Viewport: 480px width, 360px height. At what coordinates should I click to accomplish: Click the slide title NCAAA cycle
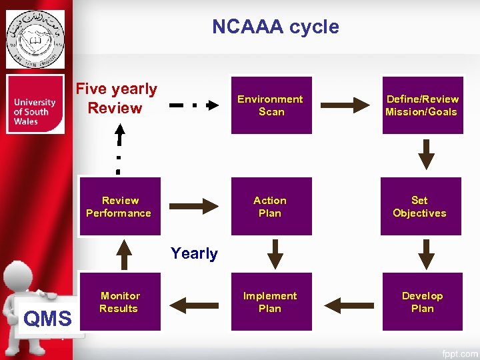tap(275, 27)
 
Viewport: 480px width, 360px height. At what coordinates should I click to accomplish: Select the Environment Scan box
tap(271, 105)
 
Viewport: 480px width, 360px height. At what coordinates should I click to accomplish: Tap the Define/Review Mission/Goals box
tap(422, 105)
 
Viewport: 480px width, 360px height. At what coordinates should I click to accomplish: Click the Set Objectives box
tap(420, 207)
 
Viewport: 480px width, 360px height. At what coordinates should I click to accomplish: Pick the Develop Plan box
tap(422, 302)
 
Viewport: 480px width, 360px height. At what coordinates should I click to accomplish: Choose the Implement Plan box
tap(270, 302)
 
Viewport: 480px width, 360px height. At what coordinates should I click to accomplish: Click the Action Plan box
tap(270, 207)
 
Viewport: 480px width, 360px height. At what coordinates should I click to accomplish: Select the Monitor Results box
tap(119, 302)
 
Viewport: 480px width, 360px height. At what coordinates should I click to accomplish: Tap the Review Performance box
tap(119, 207)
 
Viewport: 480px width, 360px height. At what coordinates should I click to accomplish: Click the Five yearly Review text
tap(116, 99)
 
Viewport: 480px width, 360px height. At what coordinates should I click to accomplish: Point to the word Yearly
tap(194, 253)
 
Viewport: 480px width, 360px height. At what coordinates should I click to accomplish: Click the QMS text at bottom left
tap(47, 319)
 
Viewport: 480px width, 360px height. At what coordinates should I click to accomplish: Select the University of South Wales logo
tap(35, 105)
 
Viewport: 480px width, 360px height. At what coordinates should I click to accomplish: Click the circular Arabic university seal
tap(35, 39)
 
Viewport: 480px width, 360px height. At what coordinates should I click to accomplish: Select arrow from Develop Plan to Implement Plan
tap(347, 305)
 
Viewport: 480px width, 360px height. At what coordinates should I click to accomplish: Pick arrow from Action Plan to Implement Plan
tap(275, 254)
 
